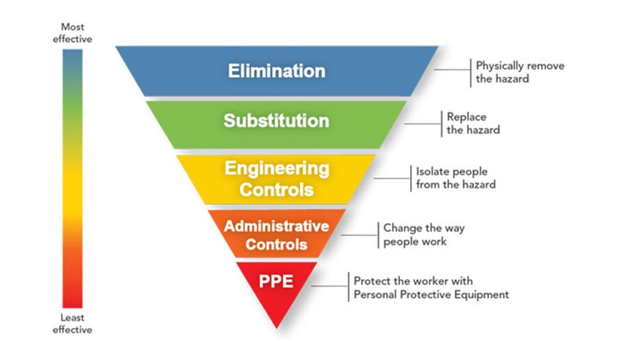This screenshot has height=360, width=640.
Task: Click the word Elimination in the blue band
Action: pos(276,71)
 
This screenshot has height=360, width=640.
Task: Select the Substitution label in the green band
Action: pos(276,121)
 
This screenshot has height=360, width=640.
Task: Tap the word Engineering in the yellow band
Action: pos(276,168)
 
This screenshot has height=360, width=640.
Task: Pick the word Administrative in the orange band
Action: pos(276,226)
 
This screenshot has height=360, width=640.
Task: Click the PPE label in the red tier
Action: pos(276,281)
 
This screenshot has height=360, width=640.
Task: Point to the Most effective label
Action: pos(72,33)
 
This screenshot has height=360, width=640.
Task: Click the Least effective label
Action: pos(72,324)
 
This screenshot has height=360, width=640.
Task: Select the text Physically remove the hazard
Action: pos(519,72)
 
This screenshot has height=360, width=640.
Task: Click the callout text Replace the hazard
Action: pos(472,123)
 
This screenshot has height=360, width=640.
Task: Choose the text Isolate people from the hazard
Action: pos(456,178)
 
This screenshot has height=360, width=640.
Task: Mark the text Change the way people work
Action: pos(424,234)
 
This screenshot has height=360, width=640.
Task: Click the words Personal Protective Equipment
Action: pos(431,294)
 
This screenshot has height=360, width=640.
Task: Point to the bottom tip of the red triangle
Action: pos(276,326)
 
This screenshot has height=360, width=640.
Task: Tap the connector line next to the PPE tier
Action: pos(329,286)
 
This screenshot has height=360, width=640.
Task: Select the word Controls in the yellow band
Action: pos(276,189)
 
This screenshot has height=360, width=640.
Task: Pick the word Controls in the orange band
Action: pos(276,244)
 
